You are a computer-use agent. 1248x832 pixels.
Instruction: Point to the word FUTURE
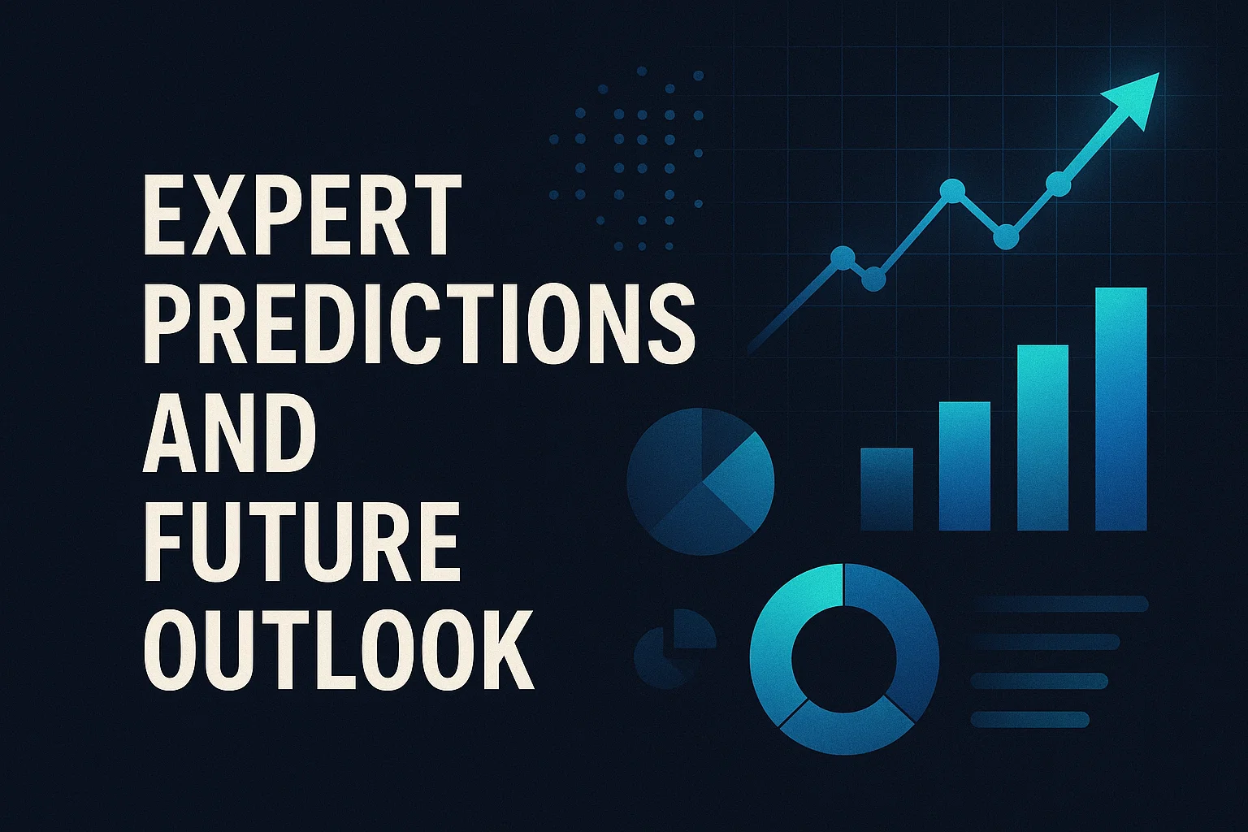pyautogui.click(x=301, y=540)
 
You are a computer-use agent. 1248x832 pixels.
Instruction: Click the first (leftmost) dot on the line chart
pyautogui.click(x=843, y=258)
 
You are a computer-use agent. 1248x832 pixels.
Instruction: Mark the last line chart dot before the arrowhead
pyautogui.click(x=1058, y=184)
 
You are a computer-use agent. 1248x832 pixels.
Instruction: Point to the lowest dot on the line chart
pyautogui.click(x=873, y=280)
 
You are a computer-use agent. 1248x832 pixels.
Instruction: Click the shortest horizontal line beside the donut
pyautogui.click(x=1029, y=719)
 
